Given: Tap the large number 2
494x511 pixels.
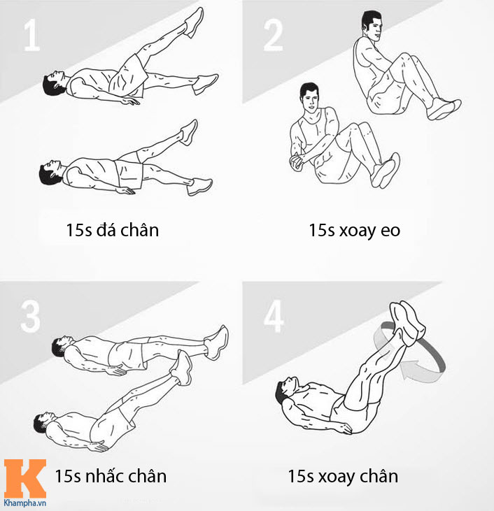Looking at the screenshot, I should (274, 35).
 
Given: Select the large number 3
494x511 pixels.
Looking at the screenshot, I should (30, 316).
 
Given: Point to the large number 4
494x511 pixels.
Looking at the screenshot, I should (274, 316).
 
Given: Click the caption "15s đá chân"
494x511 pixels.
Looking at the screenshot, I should (113, 230).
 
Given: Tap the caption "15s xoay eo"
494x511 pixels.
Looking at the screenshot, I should (354, 230).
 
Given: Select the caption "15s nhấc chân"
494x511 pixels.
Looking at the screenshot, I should (111, 477).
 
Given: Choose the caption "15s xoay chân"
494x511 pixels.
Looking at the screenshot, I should (343, 477).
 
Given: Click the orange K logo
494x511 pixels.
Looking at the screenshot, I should (24, 478).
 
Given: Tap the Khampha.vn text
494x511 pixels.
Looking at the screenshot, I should (24, 503).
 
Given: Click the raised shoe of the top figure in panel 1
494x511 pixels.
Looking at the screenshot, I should (192, 22).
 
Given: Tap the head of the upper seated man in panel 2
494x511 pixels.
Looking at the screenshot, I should (372, 27).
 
